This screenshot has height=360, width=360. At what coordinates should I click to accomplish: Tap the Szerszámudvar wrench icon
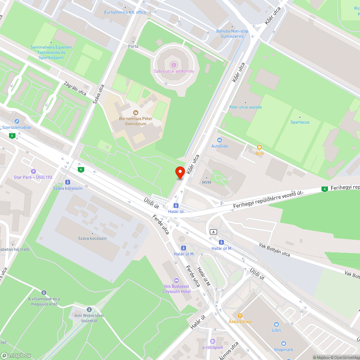click(17, 121)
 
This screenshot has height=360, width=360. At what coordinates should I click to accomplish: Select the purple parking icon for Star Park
click(33, 171)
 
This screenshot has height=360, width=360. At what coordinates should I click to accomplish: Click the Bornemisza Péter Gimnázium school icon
click(135, 113)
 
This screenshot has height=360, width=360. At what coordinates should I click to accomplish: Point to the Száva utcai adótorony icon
click(174, 65)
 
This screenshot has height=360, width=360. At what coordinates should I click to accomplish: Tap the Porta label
click(133, 46)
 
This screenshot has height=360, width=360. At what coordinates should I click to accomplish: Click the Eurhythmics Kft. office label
click(125, 12)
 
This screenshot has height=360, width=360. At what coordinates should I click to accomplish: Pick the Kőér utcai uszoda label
click(246, 107)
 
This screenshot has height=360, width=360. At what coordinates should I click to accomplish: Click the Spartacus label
click(300, 122)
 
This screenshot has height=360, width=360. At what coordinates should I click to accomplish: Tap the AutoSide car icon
click(220, 140)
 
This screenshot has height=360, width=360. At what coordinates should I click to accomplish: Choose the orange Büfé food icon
click(260, 147)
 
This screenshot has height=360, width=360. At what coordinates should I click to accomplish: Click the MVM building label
click(206, 182)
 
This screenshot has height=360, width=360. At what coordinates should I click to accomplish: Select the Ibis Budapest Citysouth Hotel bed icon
click(176, 280)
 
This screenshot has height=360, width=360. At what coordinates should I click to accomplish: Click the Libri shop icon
click(276, 324)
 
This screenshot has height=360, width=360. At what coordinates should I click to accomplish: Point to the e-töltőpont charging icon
click(212, 341)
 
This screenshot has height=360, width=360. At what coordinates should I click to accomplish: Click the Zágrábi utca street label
click(75, 88)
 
